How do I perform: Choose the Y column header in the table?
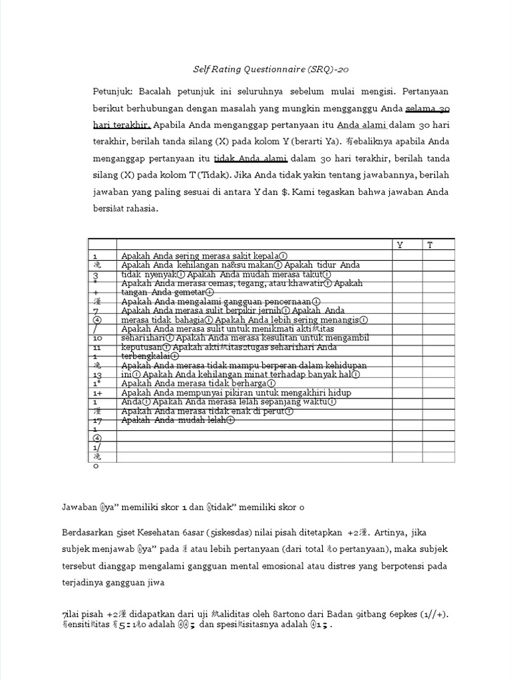[x=400, y=245]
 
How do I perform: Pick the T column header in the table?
[x=430, y=245]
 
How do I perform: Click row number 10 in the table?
[x=97, y=339]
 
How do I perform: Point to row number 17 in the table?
[x=97, y=421]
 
